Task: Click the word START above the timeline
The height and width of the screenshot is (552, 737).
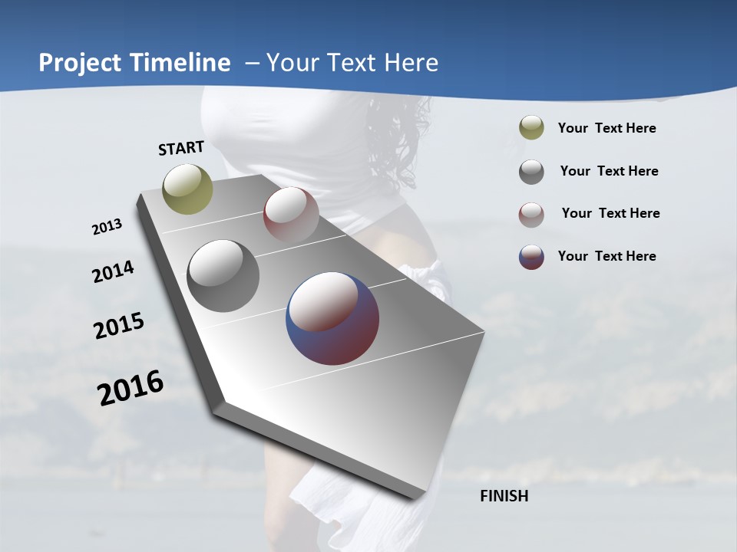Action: coord(181,148)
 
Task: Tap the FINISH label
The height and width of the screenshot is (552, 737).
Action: coord(504,496)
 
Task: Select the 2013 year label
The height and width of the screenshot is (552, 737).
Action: coord(107,227)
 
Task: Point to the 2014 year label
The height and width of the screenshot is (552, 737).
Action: coord(113,272)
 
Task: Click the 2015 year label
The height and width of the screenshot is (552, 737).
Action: coord(119,326)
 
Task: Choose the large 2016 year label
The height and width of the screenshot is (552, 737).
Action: coord(131,388)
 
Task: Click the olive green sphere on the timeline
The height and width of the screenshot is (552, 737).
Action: coord(188,189)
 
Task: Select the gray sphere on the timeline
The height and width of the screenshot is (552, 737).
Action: coord(223,276)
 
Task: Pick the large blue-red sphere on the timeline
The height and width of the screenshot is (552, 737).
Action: coord(332,318)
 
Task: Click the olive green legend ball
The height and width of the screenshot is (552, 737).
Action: coord(531,128)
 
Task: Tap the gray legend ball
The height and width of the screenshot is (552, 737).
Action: coord(531,172)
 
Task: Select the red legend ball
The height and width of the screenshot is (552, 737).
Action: coord(531,215)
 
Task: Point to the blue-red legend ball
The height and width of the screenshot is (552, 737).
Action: coord(531,257)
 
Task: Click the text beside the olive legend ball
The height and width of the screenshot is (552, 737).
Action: coord(606,129)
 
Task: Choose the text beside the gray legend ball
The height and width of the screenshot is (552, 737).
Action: coord(609,171)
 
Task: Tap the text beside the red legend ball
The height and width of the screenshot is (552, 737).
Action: coord(610,213)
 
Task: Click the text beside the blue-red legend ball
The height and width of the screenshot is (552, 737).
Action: coord(606,256)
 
